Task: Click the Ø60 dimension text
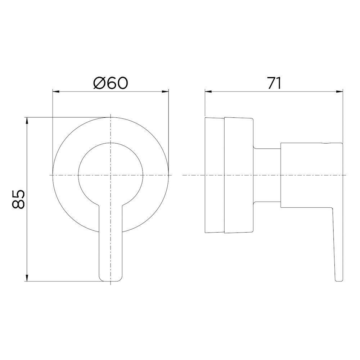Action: point(111,83)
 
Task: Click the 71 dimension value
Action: point(274,83)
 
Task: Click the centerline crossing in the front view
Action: point(111,175)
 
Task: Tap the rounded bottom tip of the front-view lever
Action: point(111,279)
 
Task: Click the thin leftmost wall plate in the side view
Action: point(214,175)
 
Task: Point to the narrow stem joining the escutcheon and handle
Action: point(267,175)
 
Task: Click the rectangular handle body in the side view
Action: point(311,175)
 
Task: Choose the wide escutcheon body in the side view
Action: point(239,175)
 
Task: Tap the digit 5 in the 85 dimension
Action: point(18,193)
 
